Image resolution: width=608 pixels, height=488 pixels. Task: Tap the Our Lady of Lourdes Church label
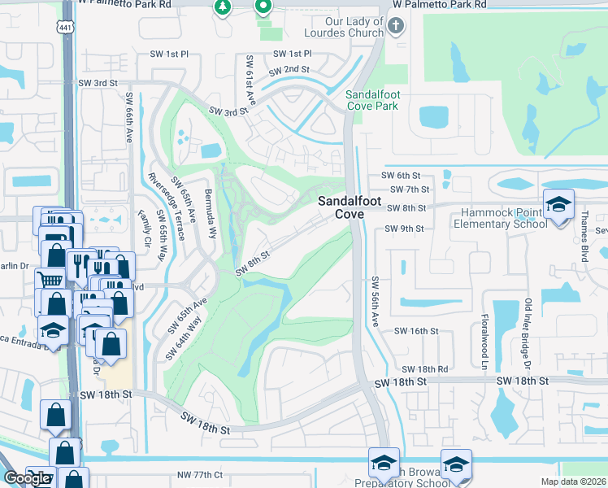pos(354,27)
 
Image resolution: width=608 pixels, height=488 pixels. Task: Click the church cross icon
pos(396,27)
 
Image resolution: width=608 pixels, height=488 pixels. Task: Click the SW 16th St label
pos(416,331)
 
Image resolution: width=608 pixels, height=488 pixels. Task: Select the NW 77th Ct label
pos(199,474)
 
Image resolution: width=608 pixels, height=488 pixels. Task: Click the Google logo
pos(27,478)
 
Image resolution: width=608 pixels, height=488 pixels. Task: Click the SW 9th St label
pos(402,229)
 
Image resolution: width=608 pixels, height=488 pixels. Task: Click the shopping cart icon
pos(50,279)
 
